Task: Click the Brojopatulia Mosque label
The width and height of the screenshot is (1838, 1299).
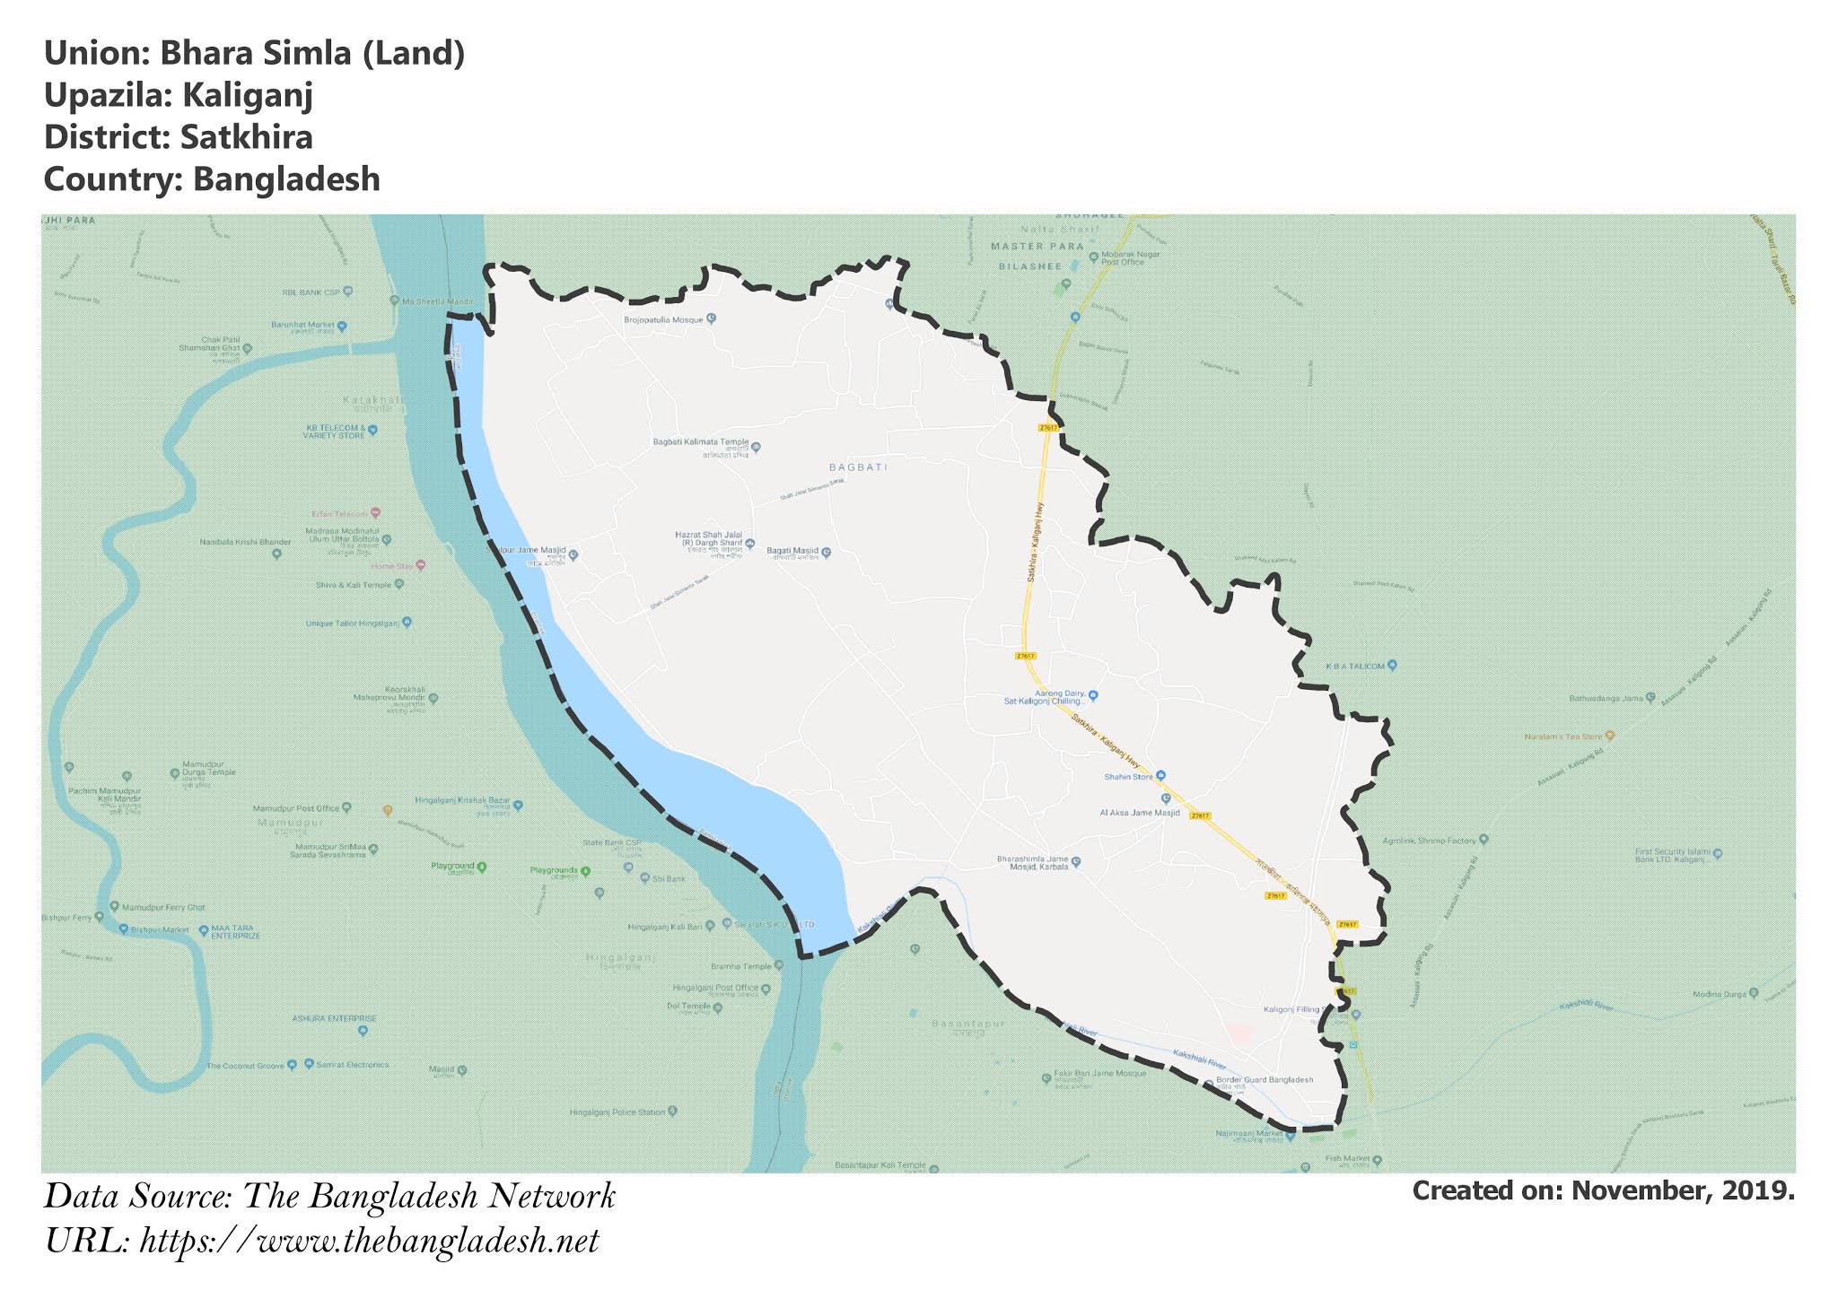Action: (664, 318)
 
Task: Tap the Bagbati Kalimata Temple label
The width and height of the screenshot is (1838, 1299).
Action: (700, 442)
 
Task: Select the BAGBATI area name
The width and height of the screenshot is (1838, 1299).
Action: (858, 467)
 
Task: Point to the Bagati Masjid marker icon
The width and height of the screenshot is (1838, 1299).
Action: (827, 553)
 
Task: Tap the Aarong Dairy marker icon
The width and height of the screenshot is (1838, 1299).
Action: (1093, 695)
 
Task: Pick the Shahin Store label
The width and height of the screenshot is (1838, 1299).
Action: (1128, 777)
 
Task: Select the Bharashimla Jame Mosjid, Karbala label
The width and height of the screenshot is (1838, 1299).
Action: (1032, 863)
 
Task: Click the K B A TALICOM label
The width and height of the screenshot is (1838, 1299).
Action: (1355, 666)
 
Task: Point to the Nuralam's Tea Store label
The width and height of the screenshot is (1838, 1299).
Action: (1562, 737)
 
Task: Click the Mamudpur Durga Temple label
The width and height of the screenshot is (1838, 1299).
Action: (208, 772)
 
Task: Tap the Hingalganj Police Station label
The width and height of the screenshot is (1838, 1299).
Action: (617, 1112)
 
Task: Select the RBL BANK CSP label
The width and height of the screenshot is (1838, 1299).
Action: (311, 292)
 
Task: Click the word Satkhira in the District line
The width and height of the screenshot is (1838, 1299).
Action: (246, 137)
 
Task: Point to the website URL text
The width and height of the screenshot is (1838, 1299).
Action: (320, 1242)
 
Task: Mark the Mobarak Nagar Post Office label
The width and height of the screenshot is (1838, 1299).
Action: (1131, 258)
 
